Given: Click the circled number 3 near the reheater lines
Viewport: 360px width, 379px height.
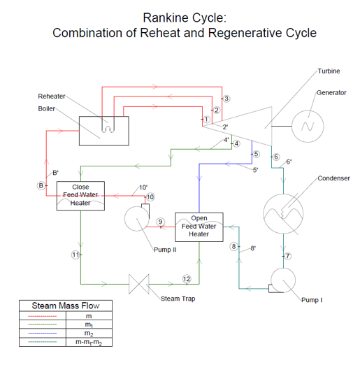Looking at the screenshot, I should click(x=226, y=99).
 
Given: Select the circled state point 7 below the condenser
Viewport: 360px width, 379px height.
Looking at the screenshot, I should click(x=287, y=256).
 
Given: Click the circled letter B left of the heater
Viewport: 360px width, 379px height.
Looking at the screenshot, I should click(x=41, y=185).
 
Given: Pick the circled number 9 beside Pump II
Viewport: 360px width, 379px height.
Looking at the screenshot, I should click(x=161, y=222).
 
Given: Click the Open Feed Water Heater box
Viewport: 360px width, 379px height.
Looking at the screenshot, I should click(x=199, y=227).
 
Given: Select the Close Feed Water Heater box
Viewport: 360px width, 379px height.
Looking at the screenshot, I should click(x=80, y=195).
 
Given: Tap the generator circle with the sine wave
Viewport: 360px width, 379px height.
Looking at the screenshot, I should click(x=307, y=126).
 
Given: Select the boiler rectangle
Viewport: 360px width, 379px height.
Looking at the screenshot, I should click(x=103, y=131).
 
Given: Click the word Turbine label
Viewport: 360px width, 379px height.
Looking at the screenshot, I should click(x=329, y=71).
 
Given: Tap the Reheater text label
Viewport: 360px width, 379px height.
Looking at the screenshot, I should click(x=52, y=96).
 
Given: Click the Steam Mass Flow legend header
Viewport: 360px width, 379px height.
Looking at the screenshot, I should click(x=66, y=306).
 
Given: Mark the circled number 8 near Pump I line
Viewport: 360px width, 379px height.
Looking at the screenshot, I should click(x=235, y=246).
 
